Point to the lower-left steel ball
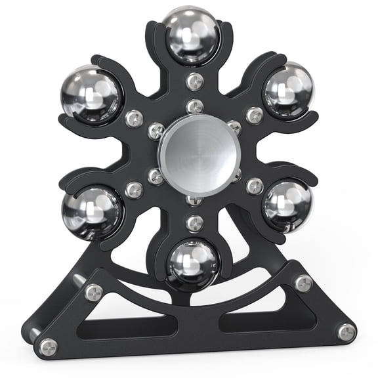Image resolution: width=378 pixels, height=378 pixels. click(92, 213)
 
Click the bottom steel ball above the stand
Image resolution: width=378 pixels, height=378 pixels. click(192, 263)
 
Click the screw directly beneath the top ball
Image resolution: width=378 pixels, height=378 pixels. click(194, 81)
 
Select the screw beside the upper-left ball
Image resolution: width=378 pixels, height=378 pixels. click(135, 119)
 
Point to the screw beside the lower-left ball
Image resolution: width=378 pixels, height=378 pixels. click(135, 190)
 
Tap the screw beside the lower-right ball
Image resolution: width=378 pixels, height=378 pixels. click(255, 186)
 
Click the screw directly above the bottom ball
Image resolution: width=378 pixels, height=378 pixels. click(194, 223)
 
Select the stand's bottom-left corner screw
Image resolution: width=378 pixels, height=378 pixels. click(47, 346)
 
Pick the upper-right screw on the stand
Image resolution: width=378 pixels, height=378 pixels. click(303, 283)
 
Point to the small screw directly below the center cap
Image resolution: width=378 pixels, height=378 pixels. click(194, 199)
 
